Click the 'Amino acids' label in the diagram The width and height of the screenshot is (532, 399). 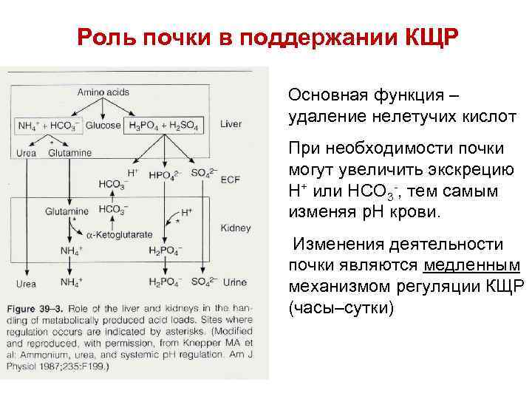(103, 92)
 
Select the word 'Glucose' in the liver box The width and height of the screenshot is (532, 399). (103, 126)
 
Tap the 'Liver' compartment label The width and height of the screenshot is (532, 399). (231, 125)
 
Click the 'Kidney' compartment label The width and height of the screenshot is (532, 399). (236, 228)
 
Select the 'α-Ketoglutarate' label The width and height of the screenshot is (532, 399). (118, 234)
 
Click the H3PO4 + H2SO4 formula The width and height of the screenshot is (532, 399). (163, 126)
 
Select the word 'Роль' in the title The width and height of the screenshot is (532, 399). (106, 37)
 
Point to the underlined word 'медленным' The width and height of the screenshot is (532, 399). (472, 266)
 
